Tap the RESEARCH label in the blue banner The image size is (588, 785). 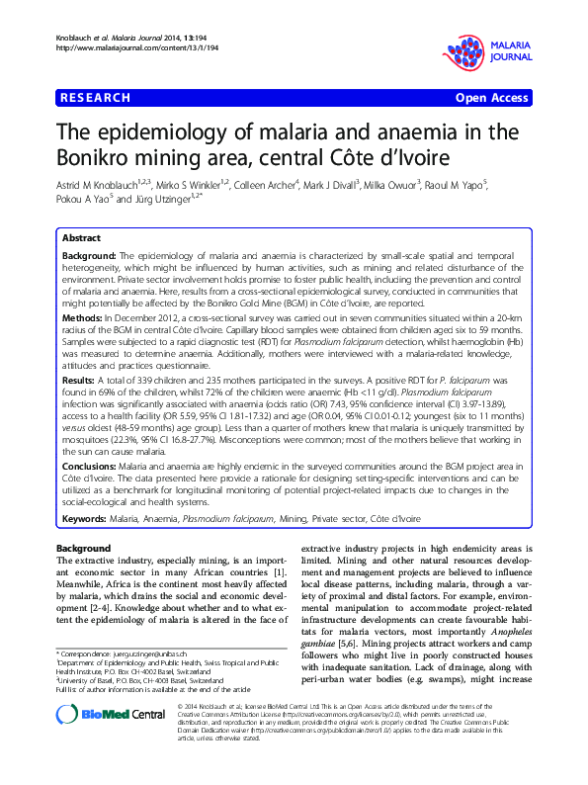[96, 98]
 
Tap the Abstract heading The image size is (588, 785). [81, 239]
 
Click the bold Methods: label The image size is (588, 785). [83, 318]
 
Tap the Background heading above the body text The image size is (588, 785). [84, 548]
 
